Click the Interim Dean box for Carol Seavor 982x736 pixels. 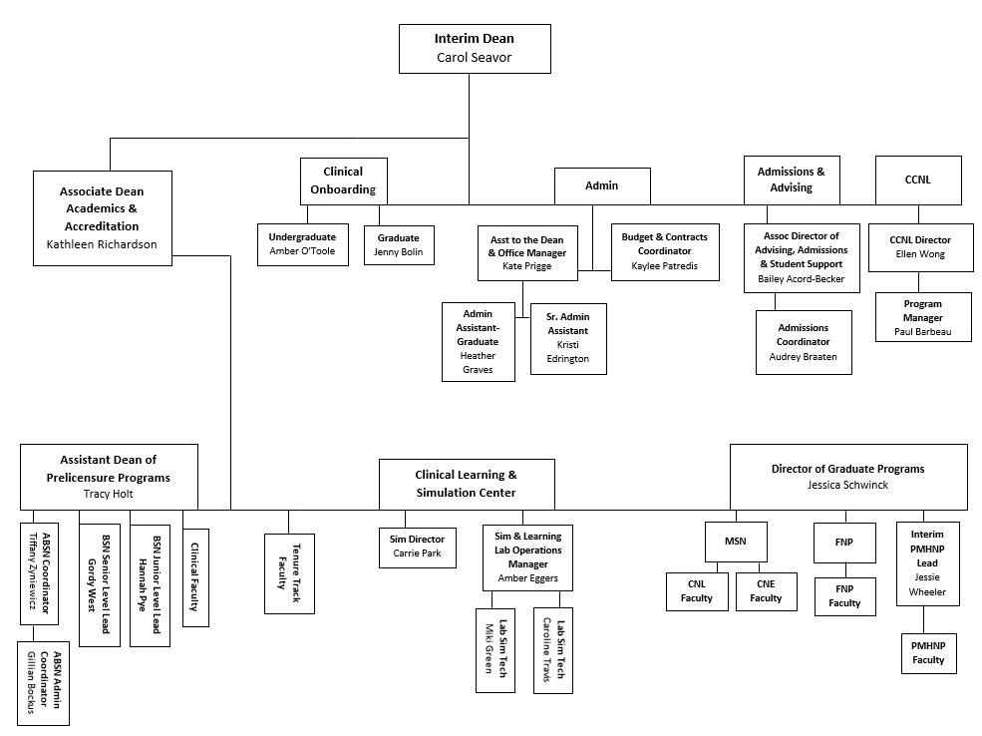tap(475, 49)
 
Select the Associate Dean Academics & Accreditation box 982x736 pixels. tap(102, 218)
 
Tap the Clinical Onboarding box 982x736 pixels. tap(343, 182)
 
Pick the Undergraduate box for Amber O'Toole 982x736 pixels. tap(302, 244)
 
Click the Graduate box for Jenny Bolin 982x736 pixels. tap(399, 245)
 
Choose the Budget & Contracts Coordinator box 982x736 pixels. tap(665, 251)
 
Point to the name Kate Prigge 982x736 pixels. tap(527, 266)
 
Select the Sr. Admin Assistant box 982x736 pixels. tap(568, 339)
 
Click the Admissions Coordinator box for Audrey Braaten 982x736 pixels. tap(804, 342)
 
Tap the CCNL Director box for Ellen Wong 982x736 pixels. tap(920, 247)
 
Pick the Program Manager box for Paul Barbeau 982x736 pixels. tap(923, 317)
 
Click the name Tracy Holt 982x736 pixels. tap(109, 494)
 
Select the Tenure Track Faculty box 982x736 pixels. tap(289, 573)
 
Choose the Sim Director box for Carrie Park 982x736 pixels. tap(417, 548)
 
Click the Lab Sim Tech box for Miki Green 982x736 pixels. tap(495, 650)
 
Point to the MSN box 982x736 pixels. tap(736, 542)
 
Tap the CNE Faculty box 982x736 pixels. tap(766, 591)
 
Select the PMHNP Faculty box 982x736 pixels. tap(929, 653)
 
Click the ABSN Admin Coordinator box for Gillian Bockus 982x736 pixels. tap(43, 683)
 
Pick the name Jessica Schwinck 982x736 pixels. tap(848, 485)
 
